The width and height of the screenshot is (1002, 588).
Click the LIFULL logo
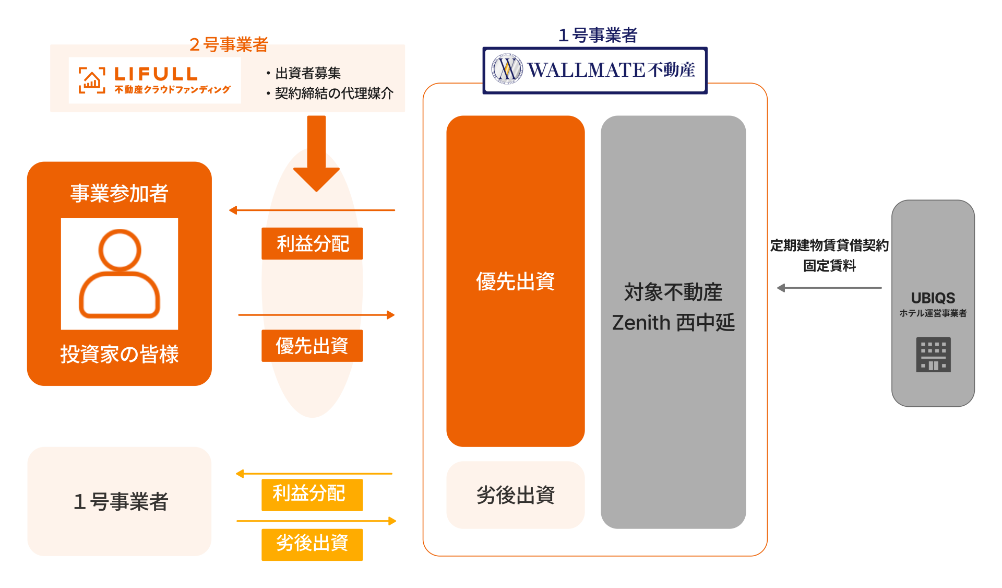click(154, 80)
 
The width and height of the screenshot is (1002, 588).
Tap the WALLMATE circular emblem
click(507, 69)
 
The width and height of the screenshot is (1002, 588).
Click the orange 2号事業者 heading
click(229, 44)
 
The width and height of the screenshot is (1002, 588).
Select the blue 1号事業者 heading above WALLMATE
click(598, 35)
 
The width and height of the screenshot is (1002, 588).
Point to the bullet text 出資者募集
click(308, 73)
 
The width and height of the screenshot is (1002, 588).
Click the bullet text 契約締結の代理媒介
click(334, 93)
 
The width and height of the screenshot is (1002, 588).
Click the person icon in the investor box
click(120, 274)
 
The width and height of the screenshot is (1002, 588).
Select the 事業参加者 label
click(120, 193)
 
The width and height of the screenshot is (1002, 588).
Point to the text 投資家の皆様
click(120, 354)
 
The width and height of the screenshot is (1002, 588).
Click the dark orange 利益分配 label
click(312, 243)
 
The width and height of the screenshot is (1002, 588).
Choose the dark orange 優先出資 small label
click(312, 346)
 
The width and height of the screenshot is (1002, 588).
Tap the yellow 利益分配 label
click(312, 494)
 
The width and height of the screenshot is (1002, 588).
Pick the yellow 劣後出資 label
click(312, 544)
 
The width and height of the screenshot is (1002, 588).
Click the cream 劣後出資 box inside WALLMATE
click(515, 495)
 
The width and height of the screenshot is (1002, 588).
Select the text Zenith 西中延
click(673, 323)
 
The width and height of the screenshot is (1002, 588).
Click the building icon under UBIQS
click(933, 355)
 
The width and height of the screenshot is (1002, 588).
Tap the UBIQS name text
click(933, 298)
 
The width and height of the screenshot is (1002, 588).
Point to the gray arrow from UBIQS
click(829, 288)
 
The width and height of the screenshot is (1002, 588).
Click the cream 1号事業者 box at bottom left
click(120, 501)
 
